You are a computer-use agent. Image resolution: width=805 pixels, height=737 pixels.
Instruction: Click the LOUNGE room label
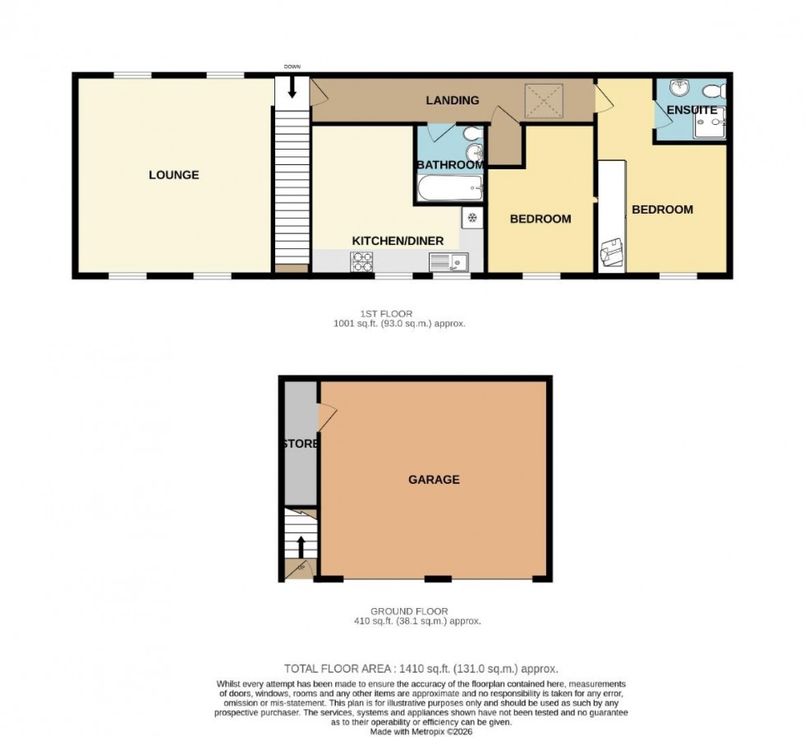tap(173, 175)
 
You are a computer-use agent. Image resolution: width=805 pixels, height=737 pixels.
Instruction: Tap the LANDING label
tap(452, 100)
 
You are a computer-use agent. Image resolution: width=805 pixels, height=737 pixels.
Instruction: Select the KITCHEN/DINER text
tap(398, 241)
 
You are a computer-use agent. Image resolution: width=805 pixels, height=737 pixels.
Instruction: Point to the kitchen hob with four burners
tap(361, 261)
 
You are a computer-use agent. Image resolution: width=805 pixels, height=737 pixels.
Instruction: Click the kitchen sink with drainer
tap(448, 261)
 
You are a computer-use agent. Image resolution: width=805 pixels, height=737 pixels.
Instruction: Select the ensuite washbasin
tap(678, 88)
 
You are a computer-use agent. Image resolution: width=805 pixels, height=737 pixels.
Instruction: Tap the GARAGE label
tap(434, 479)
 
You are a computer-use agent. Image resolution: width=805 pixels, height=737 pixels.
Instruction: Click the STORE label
tap(300, 444)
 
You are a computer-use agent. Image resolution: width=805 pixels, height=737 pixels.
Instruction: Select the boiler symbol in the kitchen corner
tap(472, 218)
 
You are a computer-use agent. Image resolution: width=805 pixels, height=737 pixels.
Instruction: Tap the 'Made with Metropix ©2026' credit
tap(421, 730)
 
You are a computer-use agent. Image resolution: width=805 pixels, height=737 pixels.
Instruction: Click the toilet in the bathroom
tap(469, 134)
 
